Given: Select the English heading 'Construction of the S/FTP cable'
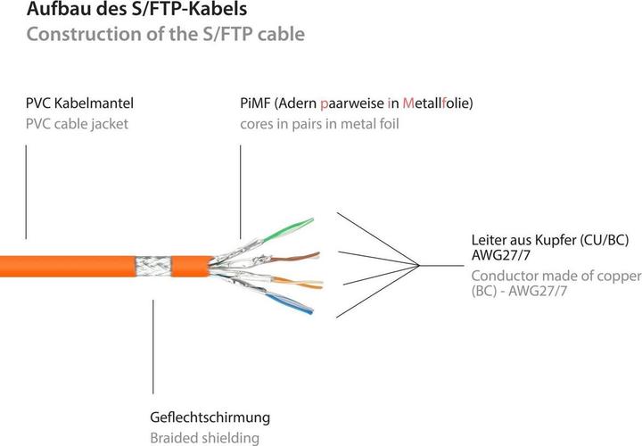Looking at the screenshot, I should coord(165,35).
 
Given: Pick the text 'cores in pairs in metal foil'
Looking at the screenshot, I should coord(318,124).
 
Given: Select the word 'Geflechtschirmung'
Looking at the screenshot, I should coord(210,417).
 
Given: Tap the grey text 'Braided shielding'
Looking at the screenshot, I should coord(204,437).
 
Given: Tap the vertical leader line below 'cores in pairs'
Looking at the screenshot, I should coord(240,192).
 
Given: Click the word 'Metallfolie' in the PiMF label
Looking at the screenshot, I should coord(436,104).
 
